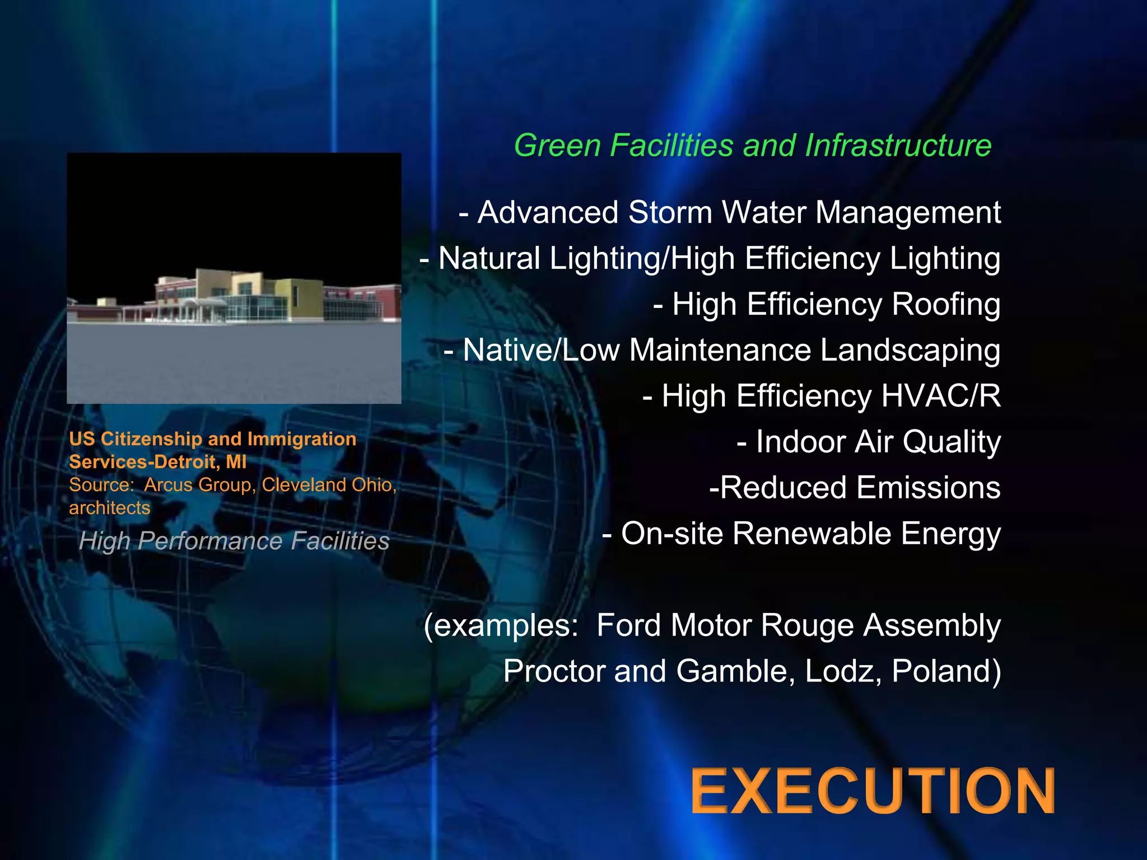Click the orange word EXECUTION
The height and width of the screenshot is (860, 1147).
[x=873, y=791]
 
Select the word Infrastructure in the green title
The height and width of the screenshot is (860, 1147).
[x=898, y=146]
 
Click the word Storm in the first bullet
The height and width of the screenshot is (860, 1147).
[x=670, y=213]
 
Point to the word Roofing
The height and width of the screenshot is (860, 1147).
[x=945, y=304]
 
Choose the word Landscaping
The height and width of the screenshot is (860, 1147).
[x=910, y=350]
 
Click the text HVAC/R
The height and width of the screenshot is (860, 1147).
[x=941, y=396]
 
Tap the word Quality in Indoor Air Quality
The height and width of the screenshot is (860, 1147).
[x=951, y=442]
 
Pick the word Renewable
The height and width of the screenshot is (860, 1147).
[x=812, y=533]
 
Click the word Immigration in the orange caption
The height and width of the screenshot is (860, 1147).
[x=301, y=439]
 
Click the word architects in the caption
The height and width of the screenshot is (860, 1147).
[x=110, y=508]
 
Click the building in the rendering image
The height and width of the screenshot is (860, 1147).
[x=235, y=297]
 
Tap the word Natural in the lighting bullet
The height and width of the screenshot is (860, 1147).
[x=489, y=259]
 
